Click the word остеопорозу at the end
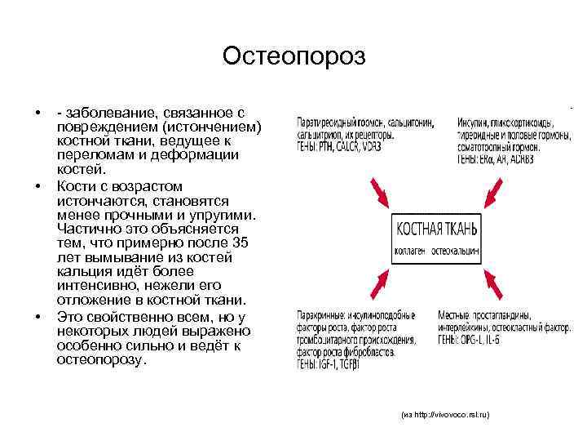coord(102,361)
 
